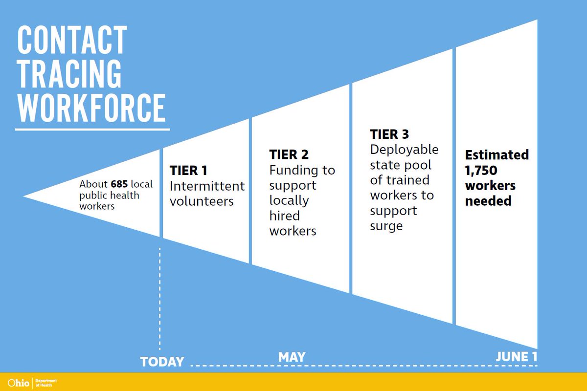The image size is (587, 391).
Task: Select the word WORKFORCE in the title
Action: tap(91, 107)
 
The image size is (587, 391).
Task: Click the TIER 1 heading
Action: tap(188, 171)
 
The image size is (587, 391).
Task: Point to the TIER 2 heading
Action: tap(289, 154)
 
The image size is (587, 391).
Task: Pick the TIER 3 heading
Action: tap(389, 134)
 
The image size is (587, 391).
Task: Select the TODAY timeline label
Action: tap(162, 362)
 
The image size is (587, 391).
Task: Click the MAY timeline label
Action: tap(292, 357)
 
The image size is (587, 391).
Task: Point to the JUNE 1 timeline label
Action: tap(516, 357)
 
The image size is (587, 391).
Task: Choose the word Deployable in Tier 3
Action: tap(404, 149)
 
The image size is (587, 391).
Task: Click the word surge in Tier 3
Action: tap(386, 227)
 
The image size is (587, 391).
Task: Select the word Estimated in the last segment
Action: tap(497, 155)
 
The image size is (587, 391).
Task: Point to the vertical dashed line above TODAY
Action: tap(160, 298)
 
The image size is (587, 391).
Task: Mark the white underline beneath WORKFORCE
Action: tap(92, 129)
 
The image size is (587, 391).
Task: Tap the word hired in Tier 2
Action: tap(284, 216)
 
